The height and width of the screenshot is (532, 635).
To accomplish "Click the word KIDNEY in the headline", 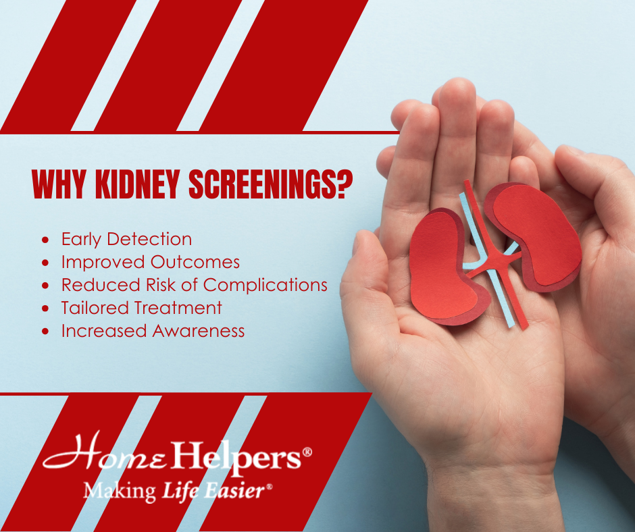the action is tap(137, 184).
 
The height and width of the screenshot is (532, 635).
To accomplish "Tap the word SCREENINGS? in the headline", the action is tap(271, 184).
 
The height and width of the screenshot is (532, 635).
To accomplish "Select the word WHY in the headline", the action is tap(59, 184).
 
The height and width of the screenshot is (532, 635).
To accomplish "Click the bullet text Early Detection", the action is tap(126, 239).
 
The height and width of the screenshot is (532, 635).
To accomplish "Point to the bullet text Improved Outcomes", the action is tap(150, 262).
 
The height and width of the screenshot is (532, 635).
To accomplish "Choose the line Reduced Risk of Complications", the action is tap(194, 285).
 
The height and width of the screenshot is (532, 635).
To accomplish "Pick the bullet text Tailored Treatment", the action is tap(141, 308).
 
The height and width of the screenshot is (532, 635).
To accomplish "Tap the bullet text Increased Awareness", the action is tap(153, 331).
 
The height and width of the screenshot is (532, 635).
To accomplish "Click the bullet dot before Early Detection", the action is tap(45, 240).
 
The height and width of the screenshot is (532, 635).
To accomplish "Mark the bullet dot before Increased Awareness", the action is tap(45, 331).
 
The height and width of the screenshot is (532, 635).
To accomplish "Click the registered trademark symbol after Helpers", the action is tap(307, 452).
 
